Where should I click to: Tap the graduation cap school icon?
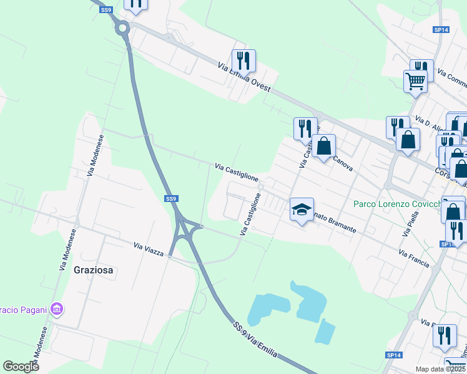(302, 210)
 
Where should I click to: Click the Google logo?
(21, 366)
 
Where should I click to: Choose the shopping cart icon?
(415, 80)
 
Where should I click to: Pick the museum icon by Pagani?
(57, 309)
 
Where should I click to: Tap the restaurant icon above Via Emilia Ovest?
(243, 60)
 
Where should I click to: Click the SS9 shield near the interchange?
(171, 198)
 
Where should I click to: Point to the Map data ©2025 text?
(440, 369)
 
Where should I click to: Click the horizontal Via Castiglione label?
(237, 172)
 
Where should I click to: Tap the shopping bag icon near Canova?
(324, 146)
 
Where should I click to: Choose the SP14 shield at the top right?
(441, 30)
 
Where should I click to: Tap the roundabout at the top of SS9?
(122, 27)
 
